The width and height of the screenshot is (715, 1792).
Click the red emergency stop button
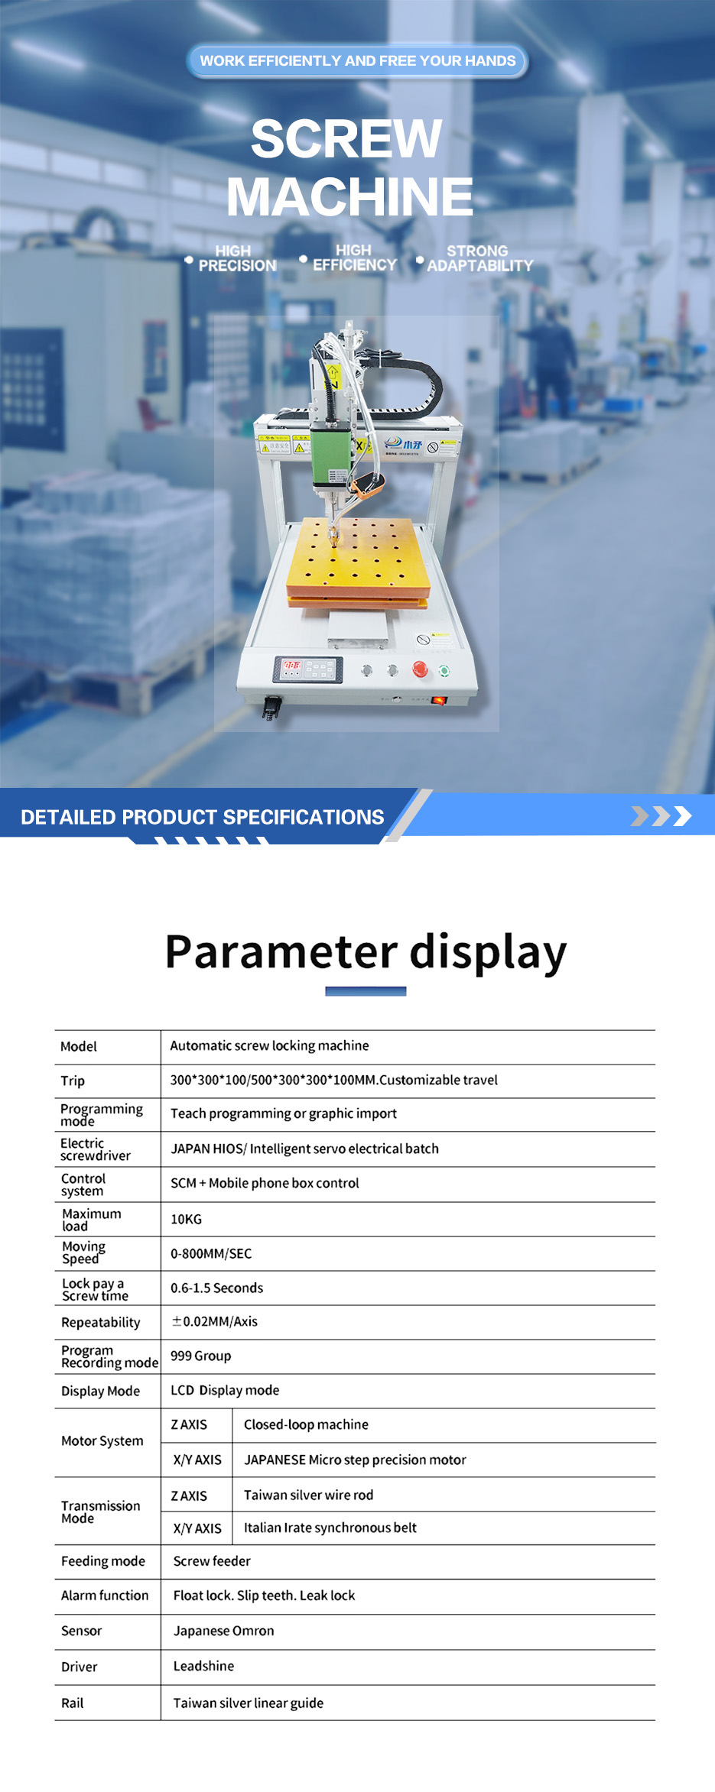(420, 669)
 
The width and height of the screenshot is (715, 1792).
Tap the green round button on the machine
(444, 671)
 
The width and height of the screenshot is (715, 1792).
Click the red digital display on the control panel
(292, 666)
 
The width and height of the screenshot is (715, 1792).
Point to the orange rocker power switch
(439, 700)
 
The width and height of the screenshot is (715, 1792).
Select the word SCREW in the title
(346, 138)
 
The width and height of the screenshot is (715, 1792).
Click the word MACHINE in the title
(349, 196)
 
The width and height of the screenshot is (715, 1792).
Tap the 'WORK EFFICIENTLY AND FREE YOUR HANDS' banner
(358, 61)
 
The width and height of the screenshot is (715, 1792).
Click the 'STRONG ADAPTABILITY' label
(479, 258)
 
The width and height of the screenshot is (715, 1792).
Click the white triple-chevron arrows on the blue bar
(661, 816)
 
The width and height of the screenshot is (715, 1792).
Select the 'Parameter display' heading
(366, 953)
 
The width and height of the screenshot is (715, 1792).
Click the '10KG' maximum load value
(186, 1220)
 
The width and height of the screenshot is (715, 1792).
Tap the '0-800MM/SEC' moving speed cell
(211, 1254)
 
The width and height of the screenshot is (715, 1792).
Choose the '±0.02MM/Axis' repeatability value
(215, 1322)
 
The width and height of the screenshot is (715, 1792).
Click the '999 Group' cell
(200, 1356)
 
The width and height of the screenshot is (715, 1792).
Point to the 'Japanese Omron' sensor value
(223, 1631)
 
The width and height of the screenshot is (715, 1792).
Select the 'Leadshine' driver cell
(203, 1667)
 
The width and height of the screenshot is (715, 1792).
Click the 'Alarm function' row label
(105, 1596)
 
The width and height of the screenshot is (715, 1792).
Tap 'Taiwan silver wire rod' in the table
(308, 1495)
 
